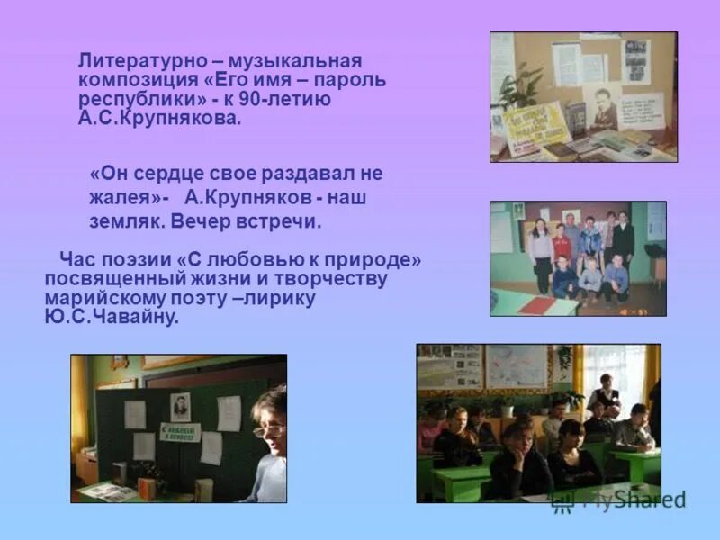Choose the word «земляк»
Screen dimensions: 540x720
click(121, 220)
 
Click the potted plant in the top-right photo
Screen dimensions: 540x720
click(517, 85)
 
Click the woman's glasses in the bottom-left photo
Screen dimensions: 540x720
click(266, 429)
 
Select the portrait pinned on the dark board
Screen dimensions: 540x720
click(180, 407)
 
